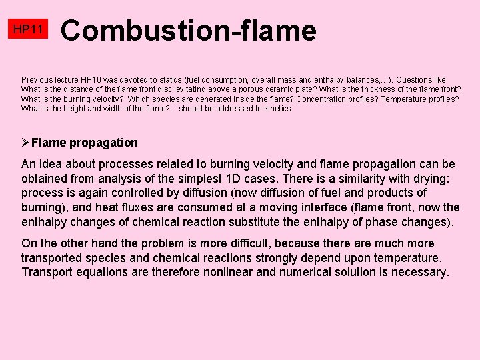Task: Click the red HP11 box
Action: click(29, 29)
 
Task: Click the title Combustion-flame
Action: click(189, 31)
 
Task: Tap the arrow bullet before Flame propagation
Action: click(25, 142)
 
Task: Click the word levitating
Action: click(185, 89)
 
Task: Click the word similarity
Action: click(358, 178)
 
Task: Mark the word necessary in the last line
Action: click(421, 272)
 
